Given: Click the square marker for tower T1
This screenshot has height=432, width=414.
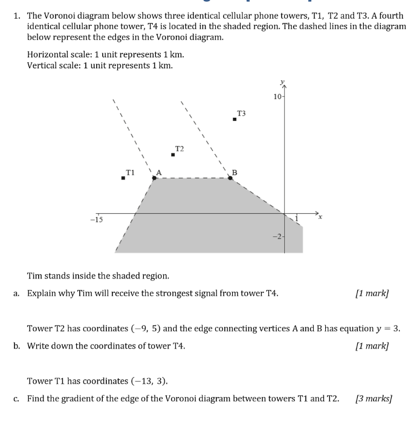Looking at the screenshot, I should [x=123, y=178].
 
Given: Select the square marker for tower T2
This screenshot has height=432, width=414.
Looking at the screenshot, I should [x=173, y=155].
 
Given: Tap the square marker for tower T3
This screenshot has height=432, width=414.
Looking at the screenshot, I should [x=234, y=119].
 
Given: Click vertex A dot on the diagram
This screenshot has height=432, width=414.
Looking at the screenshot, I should [x=155, y=178].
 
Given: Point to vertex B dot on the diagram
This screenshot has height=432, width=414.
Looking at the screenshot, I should [x=230, y=178].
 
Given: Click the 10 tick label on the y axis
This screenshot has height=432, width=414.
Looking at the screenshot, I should [x=277, y=96].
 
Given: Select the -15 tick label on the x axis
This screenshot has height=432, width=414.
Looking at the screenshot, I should [x=96, y=219].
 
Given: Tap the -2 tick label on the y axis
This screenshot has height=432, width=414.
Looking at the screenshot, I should [x=276, y=236].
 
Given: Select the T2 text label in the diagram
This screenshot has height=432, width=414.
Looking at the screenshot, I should [x=180, y=148].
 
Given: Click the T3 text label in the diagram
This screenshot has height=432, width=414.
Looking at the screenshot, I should [x=241, y=113].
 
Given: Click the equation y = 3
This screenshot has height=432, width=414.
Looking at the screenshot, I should [x=388, y=329].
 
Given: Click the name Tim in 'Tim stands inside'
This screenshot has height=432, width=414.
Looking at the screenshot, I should [x=35, y=276].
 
